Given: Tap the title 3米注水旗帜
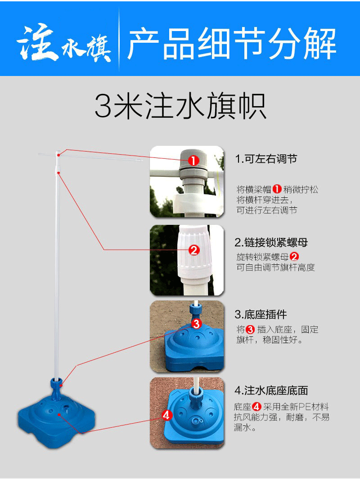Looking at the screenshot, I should (180, 107).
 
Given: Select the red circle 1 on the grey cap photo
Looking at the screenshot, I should (193, 161).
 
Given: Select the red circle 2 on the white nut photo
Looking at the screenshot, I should (194, 250).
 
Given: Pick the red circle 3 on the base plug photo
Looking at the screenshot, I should (196, 323).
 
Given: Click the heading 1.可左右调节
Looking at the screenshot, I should (266, 159).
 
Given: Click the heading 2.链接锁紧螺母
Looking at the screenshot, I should (271, 243).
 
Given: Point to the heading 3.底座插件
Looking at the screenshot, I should (261, 314).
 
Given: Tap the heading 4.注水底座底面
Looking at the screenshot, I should (271, 390).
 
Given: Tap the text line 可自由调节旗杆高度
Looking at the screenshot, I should (275, 267).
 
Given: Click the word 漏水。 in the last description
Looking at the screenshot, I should (245, 428).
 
